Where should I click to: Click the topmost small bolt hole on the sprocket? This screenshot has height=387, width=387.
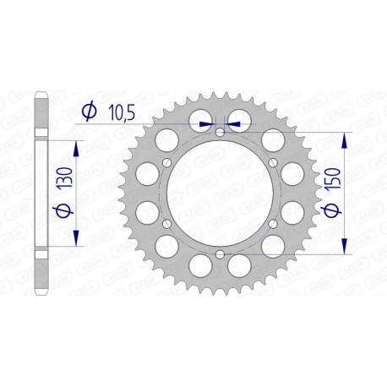point(220,132)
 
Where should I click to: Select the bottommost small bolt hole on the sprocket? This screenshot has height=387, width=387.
point(220,254)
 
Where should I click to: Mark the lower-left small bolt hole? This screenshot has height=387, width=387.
point(166,224)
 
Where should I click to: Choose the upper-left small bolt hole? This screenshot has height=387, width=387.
point(166,163)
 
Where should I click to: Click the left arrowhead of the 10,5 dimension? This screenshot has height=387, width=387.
point(209,123)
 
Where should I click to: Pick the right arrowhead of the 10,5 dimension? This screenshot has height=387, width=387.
point(232,123)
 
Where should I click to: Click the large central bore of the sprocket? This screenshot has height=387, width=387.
point(220,193)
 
